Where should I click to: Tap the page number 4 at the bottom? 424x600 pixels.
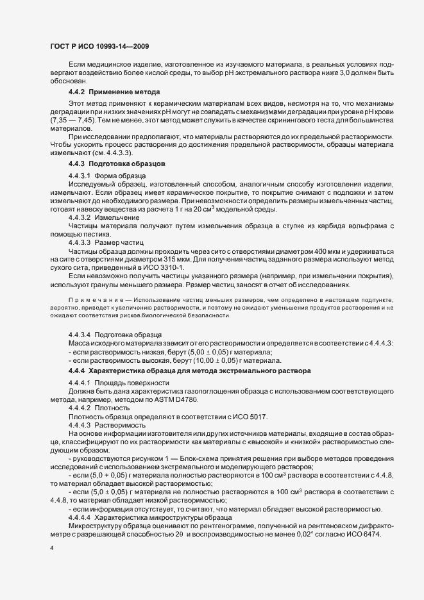click(52, 549)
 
